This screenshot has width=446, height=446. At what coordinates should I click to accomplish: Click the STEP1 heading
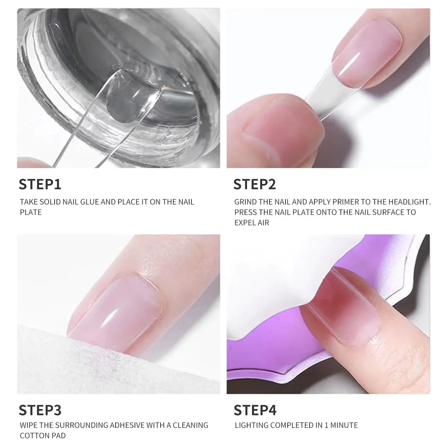40,184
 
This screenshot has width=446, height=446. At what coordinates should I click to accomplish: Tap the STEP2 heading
255,184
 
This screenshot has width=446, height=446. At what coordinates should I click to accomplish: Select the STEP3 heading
40,410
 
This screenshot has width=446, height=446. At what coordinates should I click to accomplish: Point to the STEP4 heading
255,410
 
